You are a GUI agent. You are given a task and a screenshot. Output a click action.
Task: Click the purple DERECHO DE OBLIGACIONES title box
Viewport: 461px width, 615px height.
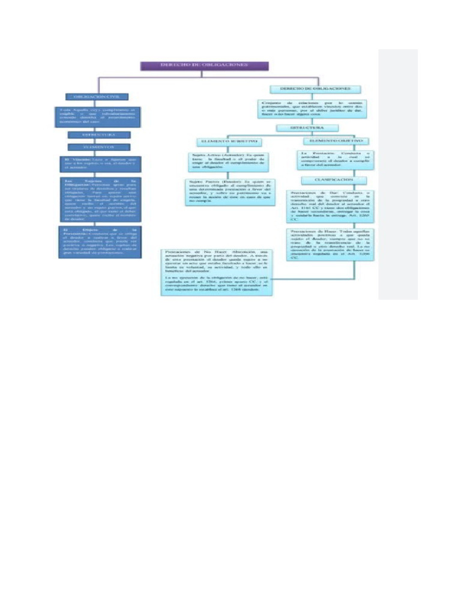[205, 65]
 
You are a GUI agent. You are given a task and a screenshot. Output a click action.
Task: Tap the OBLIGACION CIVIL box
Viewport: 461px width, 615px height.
[97, 96]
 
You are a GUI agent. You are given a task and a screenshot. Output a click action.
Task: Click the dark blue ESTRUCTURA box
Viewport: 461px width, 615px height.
[97, 135]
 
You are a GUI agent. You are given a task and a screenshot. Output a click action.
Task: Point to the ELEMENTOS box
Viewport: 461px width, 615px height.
[97, 146]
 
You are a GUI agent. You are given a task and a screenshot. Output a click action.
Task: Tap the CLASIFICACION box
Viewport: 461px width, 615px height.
[327, 180]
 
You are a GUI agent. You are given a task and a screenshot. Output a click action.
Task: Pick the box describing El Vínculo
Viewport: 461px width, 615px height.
[97, 163]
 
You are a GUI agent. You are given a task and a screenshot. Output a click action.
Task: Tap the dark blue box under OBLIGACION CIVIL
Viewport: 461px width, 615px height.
[97, 117]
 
